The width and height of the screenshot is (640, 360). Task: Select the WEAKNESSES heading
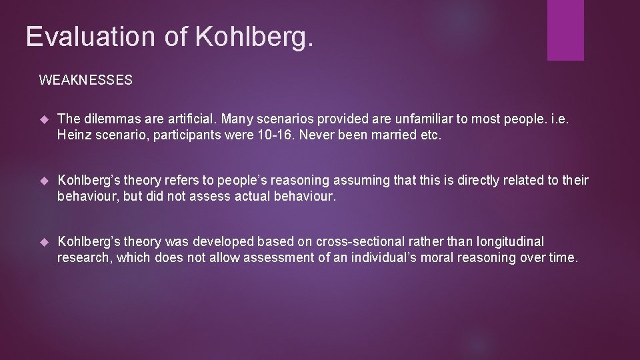pos(86,81)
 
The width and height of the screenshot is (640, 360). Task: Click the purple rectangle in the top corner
pos(565,30)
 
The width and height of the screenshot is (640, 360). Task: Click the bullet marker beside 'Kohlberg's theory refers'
pos(45,181)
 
